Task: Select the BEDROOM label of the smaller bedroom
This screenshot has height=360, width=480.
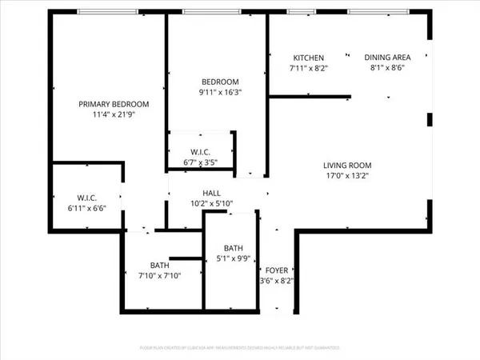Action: (218, 82)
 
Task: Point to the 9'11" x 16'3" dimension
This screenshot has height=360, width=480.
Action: (218, 93)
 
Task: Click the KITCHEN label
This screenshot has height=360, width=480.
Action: (309, 58)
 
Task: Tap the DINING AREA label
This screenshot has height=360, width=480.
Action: (387, 58)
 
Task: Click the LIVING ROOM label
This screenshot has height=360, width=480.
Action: (347, 166)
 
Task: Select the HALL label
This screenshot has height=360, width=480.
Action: (211, 193)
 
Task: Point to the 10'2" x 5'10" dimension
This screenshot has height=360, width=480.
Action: (211, 203)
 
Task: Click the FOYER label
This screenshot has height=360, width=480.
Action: (277, 271)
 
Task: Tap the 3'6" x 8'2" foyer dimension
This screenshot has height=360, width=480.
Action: (277, 282)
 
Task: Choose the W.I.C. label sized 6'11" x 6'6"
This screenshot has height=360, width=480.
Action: (86, 196)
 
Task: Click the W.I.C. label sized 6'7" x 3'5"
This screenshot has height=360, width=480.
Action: (200, 152)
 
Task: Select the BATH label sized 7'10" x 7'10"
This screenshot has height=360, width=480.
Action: (160, 266)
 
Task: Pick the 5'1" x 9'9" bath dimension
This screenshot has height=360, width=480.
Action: (233, 258)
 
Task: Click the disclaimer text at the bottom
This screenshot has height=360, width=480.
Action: (240, 348)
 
